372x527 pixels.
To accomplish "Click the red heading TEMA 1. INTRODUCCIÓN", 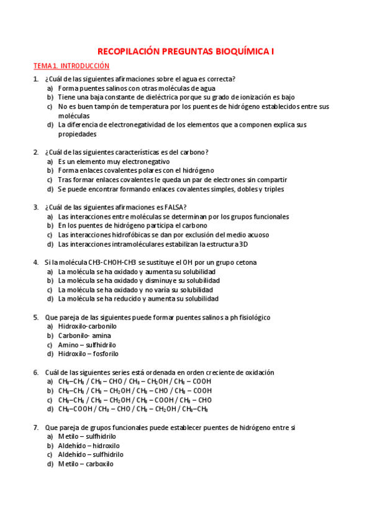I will pyautogui.click(x=71, y=65).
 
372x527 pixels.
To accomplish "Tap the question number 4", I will pyautogui.click(x=35, y=262).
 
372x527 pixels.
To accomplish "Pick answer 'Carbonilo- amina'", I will pyautogui.click(x=84, y=336).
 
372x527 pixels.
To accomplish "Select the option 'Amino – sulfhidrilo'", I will pyautogui.click(x=87, y=345).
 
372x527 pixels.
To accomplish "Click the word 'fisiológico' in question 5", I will pyautogui.click(x=255, y=317).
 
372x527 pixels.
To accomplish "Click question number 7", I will pyautogui.click(x=35, y=427).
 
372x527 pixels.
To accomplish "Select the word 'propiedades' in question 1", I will pyautogui.click(x=77, y=134).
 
